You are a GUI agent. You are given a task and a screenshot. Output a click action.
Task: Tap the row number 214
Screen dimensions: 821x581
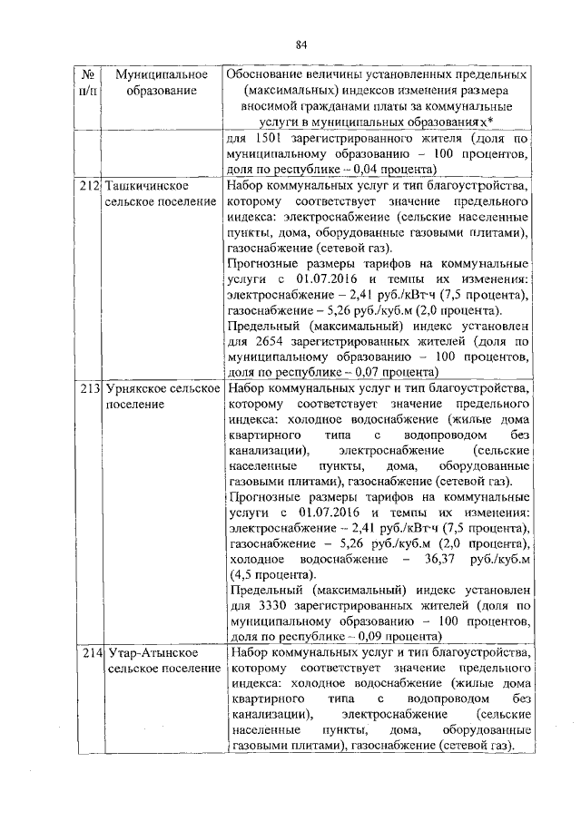click(87, 652)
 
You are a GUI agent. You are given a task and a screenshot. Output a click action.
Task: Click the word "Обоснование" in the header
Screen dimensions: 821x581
click(271, 73)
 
